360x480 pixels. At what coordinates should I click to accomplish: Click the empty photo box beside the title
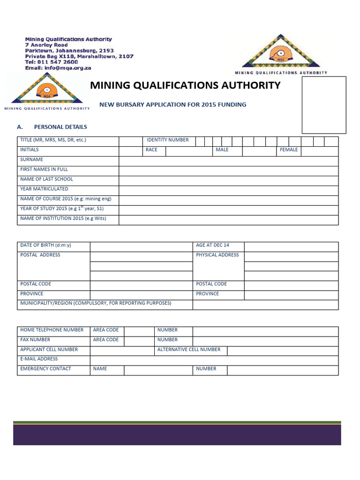tap(324, 105)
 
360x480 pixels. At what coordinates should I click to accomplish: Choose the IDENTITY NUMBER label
tap(168, 140)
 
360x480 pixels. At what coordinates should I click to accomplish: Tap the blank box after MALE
tap(259, 150)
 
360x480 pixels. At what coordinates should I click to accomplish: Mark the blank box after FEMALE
tap(319, 150)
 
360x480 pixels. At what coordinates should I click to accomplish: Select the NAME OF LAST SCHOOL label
tap(47, 180)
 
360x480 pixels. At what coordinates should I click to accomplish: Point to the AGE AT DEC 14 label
tap(213, 245)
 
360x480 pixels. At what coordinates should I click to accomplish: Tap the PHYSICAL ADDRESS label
tap(217, 255)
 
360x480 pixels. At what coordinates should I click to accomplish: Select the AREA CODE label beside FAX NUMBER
tap(106, 340)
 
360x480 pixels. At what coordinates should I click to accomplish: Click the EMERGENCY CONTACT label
tap(46, 369)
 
